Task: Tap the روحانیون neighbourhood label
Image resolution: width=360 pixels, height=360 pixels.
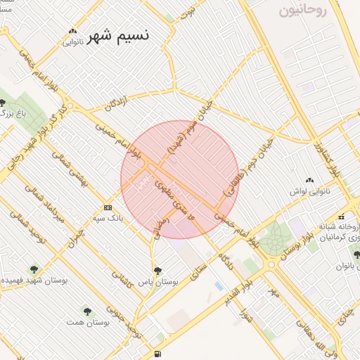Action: click(304, 10)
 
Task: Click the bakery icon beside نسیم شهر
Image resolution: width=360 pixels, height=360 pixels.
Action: click(72, 31)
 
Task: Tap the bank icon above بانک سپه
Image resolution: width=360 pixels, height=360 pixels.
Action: click(108, 207)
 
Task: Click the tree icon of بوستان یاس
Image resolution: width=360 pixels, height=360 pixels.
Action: click(157, 270)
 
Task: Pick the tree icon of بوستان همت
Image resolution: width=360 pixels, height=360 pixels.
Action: click(87, 309)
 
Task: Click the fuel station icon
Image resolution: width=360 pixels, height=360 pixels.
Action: click(156, 353)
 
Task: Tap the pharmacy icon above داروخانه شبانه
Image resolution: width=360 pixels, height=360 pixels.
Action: click(341, 216)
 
